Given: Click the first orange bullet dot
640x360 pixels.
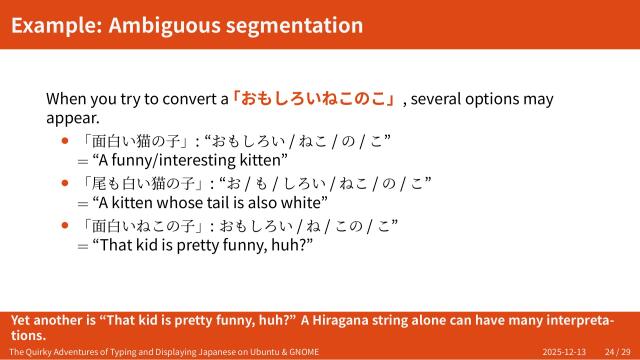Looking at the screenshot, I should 66,141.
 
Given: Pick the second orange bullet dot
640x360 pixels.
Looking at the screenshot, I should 66,183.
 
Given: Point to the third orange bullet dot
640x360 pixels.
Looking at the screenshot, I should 66,225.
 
